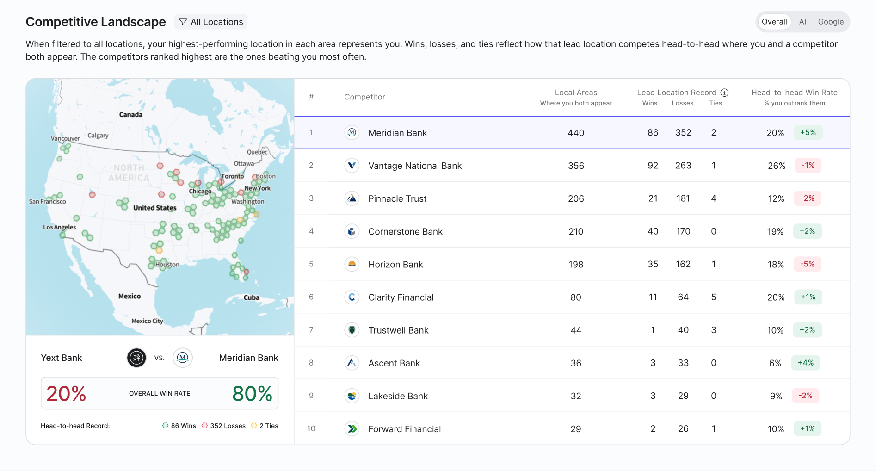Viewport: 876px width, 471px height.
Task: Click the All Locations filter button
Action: tap(211, 22)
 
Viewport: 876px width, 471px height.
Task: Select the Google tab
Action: tap(831, 22)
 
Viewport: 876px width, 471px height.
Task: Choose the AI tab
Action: tap(802, 22)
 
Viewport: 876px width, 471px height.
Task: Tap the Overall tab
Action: tap(774, 22)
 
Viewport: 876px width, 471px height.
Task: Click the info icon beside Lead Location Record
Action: tap(725, 93)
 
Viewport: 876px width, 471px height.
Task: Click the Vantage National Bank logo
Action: tap(352, 166)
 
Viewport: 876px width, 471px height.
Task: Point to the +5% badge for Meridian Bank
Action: tap(808, 132)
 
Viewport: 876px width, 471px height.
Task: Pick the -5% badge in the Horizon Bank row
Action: tap(808, 264)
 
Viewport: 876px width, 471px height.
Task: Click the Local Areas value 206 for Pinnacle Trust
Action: tap(576, 198)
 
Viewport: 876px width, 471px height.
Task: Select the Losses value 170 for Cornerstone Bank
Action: tap(683, 231)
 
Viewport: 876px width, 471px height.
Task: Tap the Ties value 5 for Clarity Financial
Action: tap(714, 297)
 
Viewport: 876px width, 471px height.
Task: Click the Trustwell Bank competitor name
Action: tap(398, 330)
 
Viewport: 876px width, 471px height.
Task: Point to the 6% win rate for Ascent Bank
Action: tap(775, 363)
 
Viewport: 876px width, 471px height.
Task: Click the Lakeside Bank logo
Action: tap(352, 396)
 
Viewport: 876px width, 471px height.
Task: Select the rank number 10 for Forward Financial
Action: tap(311, 429)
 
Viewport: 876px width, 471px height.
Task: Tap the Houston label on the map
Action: tap(167, 265)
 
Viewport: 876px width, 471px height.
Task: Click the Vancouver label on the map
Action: tap(65, 138)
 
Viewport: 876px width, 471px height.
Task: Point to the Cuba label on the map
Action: tap(252, 297)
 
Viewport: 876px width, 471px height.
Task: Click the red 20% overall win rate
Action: tap(66, 394)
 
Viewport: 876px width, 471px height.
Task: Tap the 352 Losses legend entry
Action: tap(224, 426)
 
